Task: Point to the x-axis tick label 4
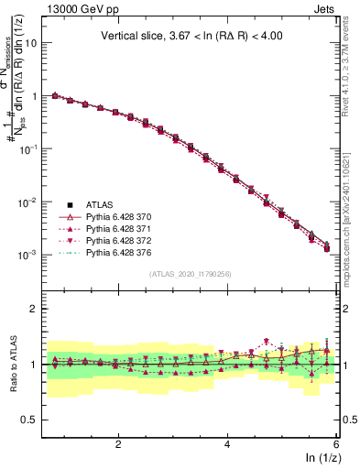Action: (x=227, y=442)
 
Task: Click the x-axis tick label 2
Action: (x=118, y=442)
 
